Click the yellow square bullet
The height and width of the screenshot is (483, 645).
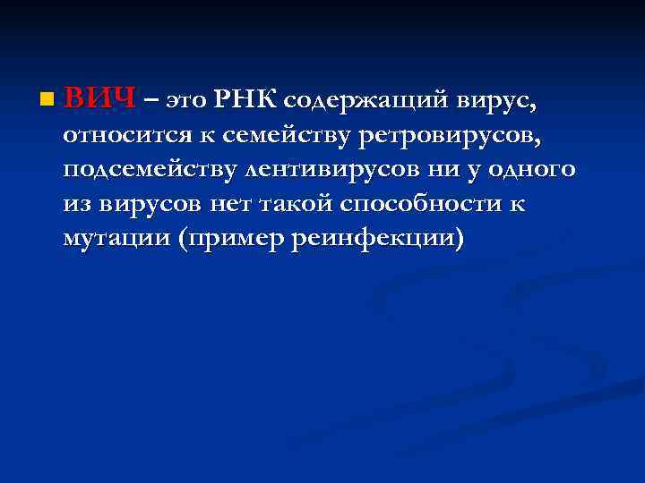47,98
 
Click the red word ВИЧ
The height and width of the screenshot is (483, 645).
99,97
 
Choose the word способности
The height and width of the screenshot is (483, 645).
414,203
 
